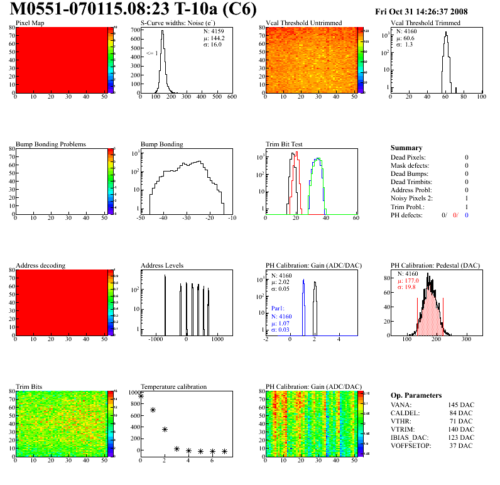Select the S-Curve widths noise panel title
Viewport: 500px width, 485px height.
coord(178,23)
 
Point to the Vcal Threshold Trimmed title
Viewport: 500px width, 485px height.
coord(425,23)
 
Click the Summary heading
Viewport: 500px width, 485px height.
coord(406,148)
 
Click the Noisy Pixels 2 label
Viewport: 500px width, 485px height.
coord(413,198)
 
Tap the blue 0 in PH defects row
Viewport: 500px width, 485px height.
coord(467,215)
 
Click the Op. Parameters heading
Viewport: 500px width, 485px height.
coord(416,395)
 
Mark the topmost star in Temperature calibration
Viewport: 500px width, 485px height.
coord(141,396)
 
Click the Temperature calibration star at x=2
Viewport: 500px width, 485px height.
coord(165,429)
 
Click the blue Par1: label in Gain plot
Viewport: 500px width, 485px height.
coord(279,309)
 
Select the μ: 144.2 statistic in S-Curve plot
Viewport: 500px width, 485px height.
coord(212,38)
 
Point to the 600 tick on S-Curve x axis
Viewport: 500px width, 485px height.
coord(231,97)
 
